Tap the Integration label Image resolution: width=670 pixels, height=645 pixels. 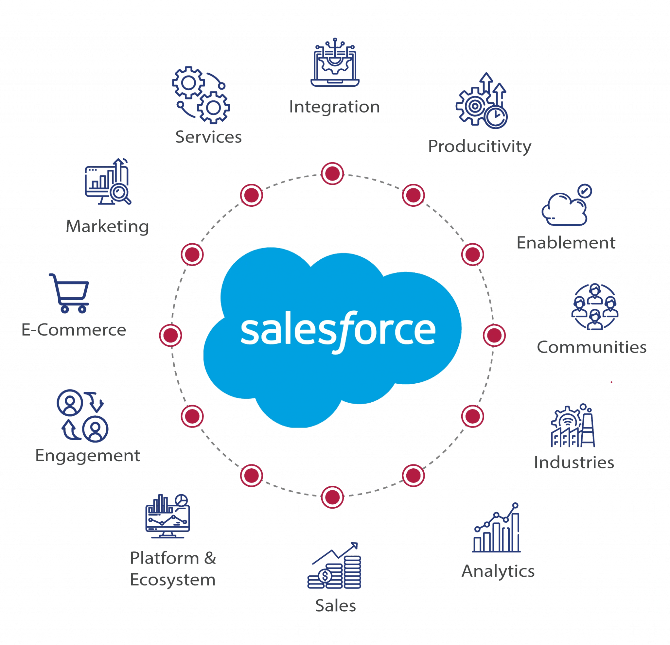(334, 107)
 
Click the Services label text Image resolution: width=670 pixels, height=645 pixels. (208, 137)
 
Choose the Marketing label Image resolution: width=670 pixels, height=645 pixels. (108, 227)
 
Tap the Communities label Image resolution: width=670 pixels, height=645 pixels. (591, 347)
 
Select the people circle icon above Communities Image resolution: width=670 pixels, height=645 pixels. (594, 306)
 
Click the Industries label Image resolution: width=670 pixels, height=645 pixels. (574, 462)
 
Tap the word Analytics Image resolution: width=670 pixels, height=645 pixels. (498, 571)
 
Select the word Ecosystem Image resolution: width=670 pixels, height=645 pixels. (173, 580)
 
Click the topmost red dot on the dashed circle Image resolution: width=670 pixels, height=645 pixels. (332, 174)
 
